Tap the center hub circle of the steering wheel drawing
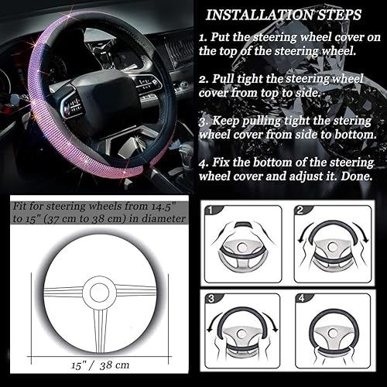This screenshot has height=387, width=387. [99, 291]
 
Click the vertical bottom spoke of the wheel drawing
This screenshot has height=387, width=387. [99, 325]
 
